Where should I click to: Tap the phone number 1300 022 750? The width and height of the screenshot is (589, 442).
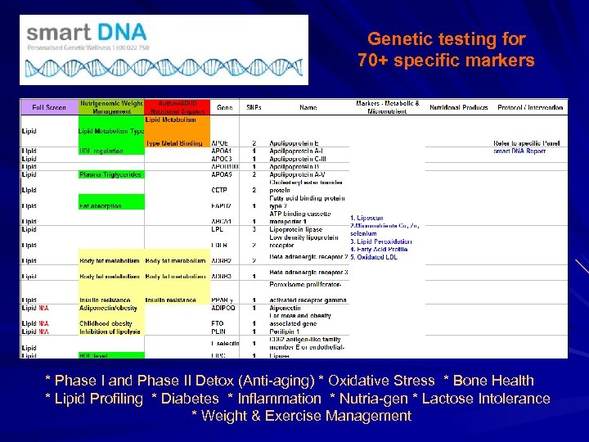click(x=128, y=47)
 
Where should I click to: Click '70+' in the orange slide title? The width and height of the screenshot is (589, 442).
click(x=377, y=61)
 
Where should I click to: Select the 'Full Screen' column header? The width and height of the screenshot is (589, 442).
click(x=49, y=107)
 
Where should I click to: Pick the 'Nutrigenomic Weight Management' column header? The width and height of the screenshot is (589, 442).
click(x=111, y=107)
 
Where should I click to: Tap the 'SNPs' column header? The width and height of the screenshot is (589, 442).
click(x=254, y=107)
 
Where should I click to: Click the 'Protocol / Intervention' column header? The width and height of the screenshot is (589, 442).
click(x=529, y=107)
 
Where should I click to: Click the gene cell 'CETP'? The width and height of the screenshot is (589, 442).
click(x=220, y=190)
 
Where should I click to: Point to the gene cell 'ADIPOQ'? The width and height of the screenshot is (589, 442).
click(x=223, y=308)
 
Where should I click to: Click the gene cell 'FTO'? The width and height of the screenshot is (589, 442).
click(x=218, y=323)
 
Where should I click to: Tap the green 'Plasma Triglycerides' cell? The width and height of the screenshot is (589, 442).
click(x=110, y=174)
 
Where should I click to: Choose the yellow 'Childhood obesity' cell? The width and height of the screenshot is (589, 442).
click(x=106, y=323)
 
